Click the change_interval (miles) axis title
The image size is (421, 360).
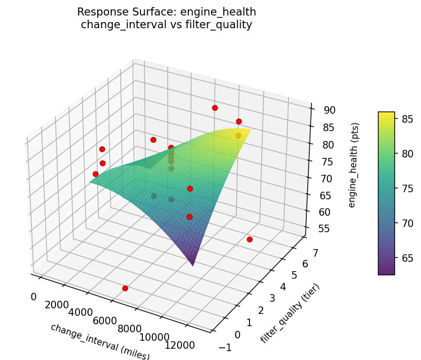(x=100, y=341)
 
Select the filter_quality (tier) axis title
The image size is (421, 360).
(x=290, y=313)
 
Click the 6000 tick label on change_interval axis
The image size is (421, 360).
(x=105, y=321)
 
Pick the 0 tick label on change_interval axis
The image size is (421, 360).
(x=33, y=297)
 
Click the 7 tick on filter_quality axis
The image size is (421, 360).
(x=315, y=253)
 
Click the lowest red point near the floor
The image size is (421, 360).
(x=125, y=288)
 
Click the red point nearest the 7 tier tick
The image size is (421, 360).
(x=249, y=240)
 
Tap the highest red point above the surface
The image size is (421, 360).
(x=215, y=108)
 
